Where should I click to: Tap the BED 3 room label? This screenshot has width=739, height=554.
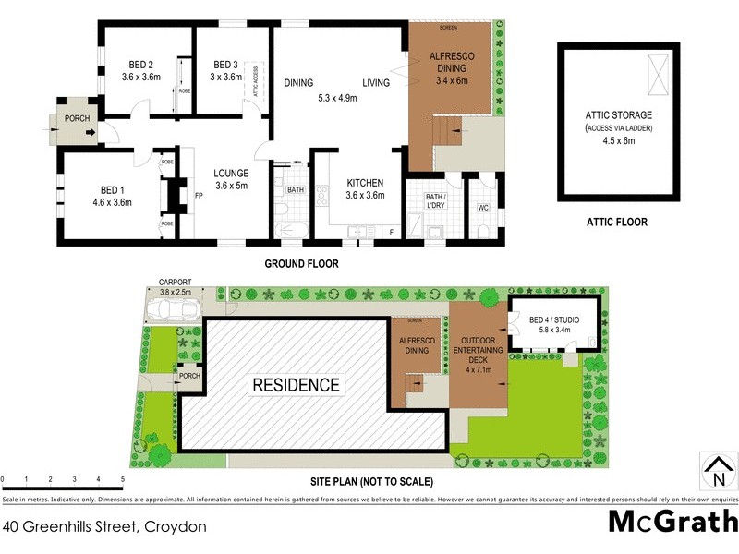(225, 64)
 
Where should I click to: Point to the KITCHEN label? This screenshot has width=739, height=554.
(363, 182)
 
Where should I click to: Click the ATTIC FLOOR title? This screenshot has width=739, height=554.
(617, 222)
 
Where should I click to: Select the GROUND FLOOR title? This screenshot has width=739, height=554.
(301, 264)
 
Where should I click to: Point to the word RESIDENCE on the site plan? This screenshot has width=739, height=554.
(296, 385)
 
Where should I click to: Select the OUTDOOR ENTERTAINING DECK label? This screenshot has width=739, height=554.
(478, 355)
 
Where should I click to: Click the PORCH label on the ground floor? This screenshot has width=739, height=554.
(77, 119)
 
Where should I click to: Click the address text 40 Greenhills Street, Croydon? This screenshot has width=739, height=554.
(104, 527)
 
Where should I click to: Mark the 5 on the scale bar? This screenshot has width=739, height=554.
(123, 479)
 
